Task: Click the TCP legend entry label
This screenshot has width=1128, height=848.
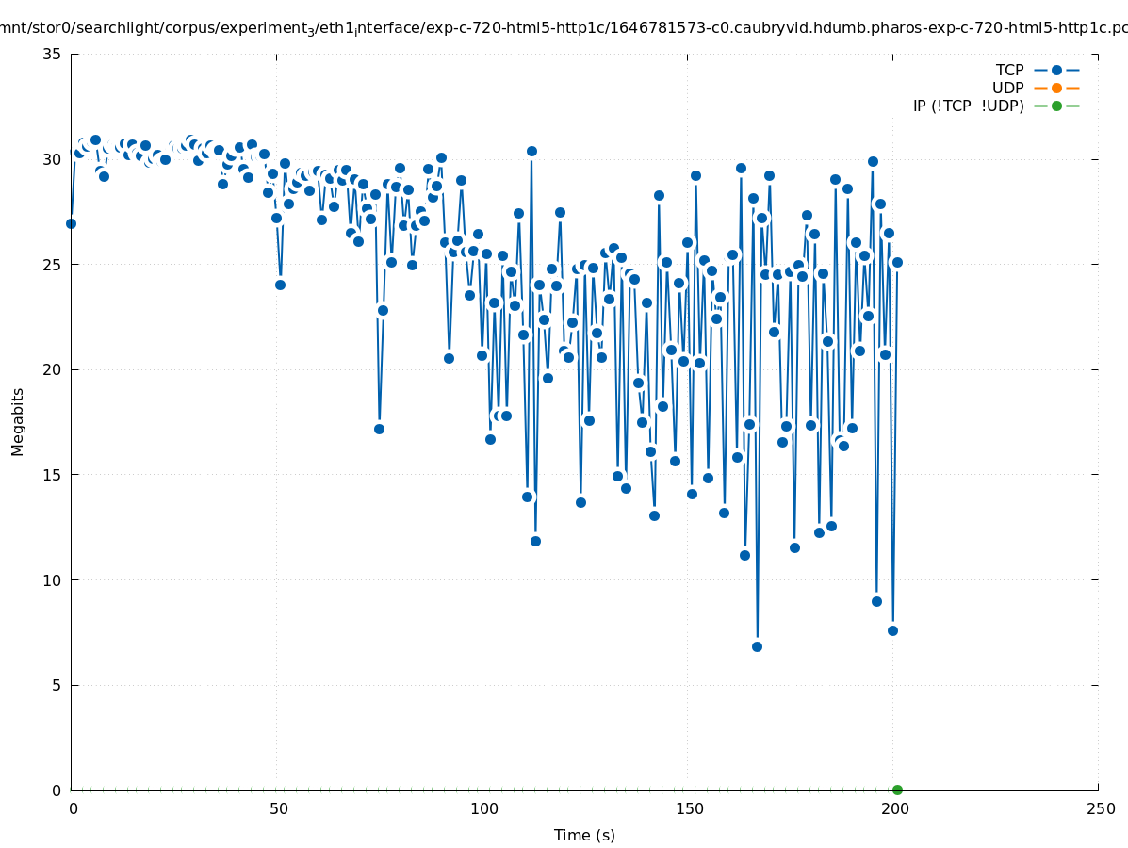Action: [1009, 70]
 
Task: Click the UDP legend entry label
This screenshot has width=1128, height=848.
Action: [1007, 88]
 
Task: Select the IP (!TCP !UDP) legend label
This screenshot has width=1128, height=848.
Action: [968, 106]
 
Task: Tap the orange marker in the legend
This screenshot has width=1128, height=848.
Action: [1056, 88]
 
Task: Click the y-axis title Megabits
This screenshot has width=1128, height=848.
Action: [18, 421]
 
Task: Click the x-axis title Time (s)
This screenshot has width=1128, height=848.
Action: [584, 835]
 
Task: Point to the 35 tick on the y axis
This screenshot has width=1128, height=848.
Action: [53, 54]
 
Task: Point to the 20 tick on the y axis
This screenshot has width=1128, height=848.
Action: [53, 369]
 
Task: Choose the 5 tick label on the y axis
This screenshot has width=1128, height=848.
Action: [57, 685]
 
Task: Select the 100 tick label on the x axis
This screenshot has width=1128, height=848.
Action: [483, 808]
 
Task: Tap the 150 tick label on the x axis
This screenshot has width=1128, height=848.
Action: [689, 808]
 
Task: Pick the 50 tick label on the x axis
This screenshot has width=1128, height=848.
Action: [278, 808]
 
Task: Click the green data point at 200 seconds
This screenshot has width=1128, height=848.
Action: [897, 790]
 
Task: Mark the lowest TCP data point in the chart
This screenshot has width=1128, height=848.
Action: [757, 646]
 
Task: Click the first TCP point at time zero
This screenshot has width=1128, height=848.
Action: [71, 223]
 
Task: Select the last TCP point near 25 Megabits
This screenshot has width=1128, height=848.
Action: [897, 262]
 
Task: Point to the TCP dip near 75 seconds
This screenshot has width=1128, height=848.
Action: [379, 429]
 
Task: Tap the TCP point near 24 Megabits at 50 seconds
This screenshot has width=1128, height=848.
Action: [280, 285]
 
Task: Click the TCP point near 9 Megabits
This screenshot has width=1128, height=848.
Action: [876, 601]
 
